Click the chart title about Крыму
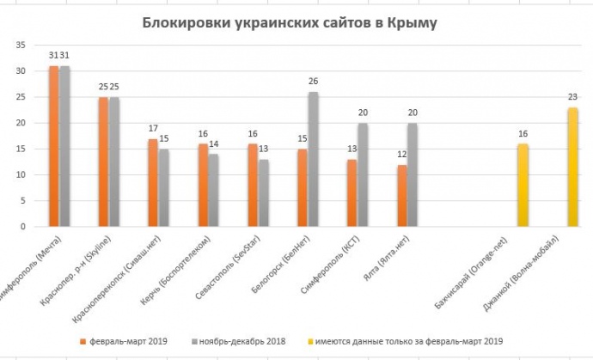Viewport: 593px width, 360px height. [290, 23]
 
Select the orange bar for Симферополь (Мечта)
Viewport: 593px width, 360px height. [54, 146]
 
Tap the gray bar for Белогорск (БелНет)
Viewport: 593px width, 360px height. [313, 159]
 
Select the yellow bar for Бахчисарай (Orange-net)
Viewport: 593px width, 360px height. [522, 185]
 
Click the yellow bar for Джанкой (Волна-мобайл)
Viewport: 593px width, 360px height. [572, 167]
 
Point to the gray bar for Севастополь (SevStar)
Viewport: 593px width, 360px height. [264, 192]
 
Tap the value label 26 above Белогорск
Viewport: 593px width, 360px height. [314, 82]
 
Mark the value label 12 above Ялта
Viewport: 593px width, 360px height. [402, 156]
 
